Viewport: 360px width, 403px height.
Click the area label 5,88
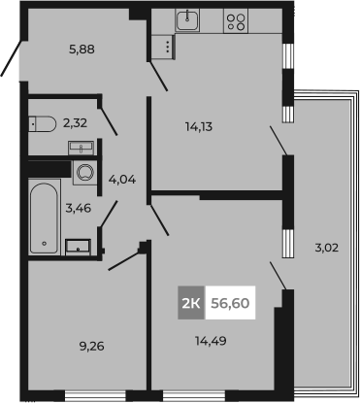82,50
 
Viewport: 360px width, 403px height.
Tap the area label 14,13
199,126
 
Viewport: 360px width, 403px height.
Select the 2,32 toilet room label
75,123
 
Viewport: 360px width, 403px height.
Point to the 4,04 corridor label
122,180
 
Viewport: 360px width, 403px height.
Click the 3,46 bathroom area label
79,208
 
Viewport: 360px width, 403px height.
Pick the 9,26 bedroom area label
92,347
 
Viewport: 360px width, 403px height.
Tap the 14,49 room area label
211,341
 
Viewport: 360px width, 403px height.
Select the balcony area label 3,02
327,248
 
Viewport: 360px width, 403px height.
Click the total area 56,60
230,303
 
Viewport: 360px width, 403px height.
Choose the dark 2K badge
191,303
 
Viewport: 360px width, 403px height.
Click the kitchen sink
187,20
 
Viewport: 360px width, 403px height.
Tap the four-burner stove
236,20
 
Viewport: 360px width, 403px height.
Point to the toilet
43,123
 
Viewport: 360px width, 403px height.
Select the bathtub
45,218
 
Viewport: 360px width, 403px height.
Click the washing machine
85,173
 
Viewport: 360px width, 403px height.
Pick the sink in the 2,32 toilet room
82,148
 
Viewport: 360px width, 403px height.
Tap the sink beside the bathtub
78,248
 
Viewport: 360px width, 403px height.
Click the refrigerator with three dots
163,47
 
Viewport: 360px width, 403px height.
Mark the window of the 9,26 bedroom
95,395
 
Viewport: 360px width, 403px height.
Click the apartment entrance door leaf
12,58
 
